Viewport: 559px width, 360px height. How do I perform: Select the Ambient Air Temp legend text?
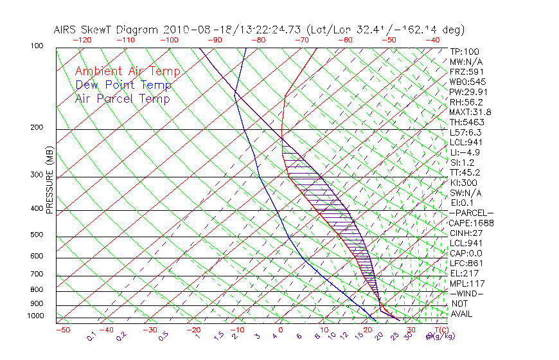(x=127, y=71)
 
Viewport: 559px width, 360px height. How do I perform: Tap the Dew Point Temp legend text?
(x=123, y=85)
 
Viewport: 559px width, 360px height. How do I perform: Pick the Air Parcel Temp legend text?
(x=122, y=98)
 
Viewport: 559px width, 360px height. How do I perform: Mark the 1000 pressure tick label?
(x=36, y=316)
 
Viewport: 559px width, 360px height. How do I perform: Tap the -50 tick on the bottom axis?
(x=62, y=330)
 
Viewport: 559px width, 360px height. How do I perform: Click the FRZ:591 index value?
(x=465, y=72)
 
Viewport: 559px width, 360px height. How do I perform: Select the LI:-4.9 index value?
(x=465, y=152)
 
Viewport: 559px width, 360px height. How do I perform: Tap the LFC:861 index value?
(x=465, y=263)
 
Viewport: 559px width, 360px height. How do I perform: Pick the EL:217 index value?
(x=463, y=273)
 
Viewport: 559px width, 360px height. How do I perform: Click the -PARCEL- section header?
(x=471, y=213)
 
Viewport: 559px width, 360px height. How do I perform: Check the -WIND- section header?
(x=466, y=293)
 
